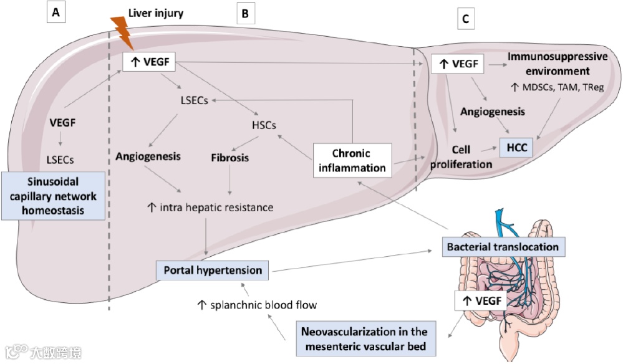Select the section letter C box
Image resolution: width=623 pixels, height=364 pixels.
[465, 19]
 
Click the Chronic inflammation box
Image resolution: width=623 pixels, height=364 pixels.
[352, 160]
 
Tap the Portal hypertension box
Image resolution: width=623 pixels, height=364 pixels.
[213, 271]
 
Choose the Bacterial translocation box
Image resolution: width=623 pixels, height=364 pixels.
[503, 247]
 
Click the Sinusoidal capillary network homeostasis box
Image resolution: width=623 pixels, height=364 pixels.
[52, 196]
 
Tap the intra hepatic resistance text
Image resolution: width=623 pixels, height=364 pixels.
[210, 207]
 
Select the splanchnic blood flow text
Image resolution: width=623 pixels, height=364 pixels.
[257, 305]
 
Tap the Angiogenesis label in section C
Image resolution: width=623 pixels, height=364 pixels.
[492, 112]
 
